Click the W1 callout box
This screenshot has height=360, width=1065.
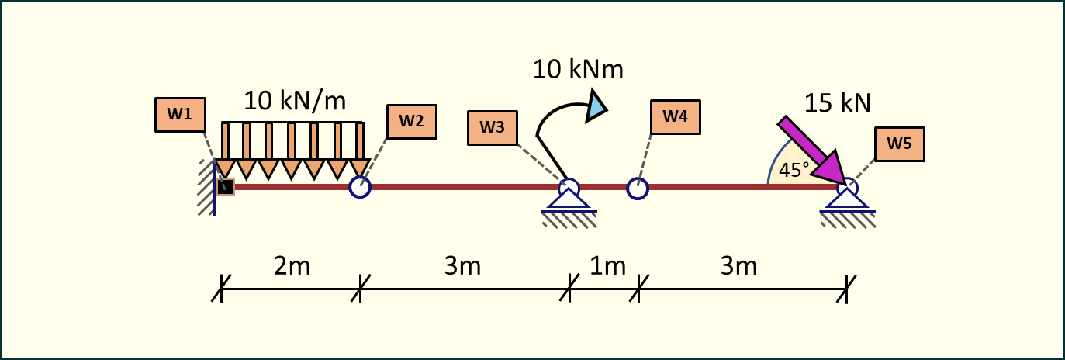pyautogui.click(x=181, y=114)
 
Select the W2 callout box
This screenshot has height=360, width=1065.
pyautogui.click(x=411, y=121)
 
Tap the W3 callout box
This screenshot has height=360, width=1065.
pyautogui.click(x=493, y=128)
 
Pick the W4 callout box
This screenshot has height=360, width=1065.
pyautogui.click(x=675, y=117)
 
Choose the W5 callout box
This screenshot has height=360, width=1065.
pyautogui.click(x=900, y=144)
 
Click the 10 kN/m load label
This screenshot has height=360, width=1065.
pyautogui.click(x=294, y=101)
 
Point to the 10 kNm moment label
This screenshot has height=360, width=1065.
pyautogui.click(x=578, y=69)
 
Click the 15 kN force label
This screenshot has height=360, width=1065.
pyautogui.click(x=838, y=102)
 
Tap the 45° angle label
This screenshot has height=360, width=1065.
pyautogui.click(x=794, y=171)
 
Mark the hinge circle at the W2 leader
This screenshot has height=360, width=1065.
pyautogui.click(x=360, y=187)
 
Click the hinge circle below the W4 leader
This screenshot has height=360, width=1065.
pyautogui.click(x=637, y=189)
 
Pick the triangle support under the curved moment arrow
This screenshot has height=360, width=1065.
pyautogui.click(x=569, y=200)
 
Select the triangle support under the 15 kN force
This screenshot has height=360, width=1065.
pyautogui.click(x=847, y=200)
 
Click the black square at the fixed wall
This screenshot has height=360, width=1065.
pyautogui.click(x=225, y=186)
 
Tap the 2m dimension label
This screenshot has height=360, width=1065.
pyautogui.click(x=292, y=266)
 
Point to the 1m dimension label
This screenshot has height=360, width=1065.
pyautogui.click(x=607, y=266)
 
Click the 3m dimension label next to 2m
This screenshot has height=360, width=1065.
pyautogui.click(x=463, y=266)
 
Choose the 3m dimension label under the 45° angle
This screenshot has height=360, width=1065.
pyautogui.click(x=738, y=266)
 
